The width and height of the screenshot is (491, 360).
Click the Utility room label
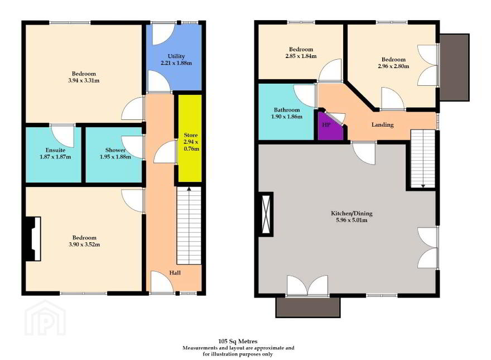pos(176,56)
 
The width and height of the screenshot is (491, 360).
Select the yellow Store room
pos(190,138)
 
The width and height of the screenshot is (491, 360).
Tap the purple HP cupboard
pos(330,126)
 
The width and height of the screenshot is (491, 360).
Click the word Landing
pos(382,124)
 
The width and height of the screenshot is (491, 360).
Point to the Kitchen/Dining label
pos(352,213)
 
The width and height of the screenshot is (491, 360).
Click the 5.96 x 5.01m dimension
pos(352,220)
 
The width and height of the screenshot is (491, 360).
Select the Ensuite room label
pos(55,150)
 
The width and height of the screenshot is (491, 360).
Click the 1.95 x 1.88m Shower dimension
pos(115,157)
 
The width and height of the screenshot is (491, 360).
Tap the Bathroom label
pos(287,110)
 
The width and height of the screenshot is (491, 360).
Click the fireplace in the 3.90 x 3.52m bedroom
pos(33,239)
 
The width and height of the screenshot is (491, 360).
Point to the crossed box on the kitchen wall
pos(266,214)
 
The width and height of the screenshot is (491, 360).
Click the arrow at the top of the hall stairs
pos(189,189)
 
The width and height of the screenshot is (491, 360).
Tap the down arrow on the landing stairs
pos(423,186)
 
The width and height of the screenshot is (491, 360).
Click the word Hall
pos(175,273)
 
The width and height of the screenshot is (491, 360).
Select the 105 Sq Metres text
pos(238,341)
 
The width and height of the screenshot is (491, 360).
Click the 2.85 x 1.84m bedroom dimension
pos(301,56)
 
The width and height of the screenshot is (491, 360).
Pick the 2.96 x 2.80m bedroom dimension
pos(393,66)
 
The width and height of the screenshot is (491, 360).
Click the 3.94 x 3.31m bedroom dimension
pos(84,80)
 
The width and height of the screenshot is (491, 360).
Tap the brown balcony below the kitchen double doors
pos(308,307)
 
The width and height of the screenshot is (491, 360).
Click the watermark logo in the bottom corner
pos(45,318)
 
